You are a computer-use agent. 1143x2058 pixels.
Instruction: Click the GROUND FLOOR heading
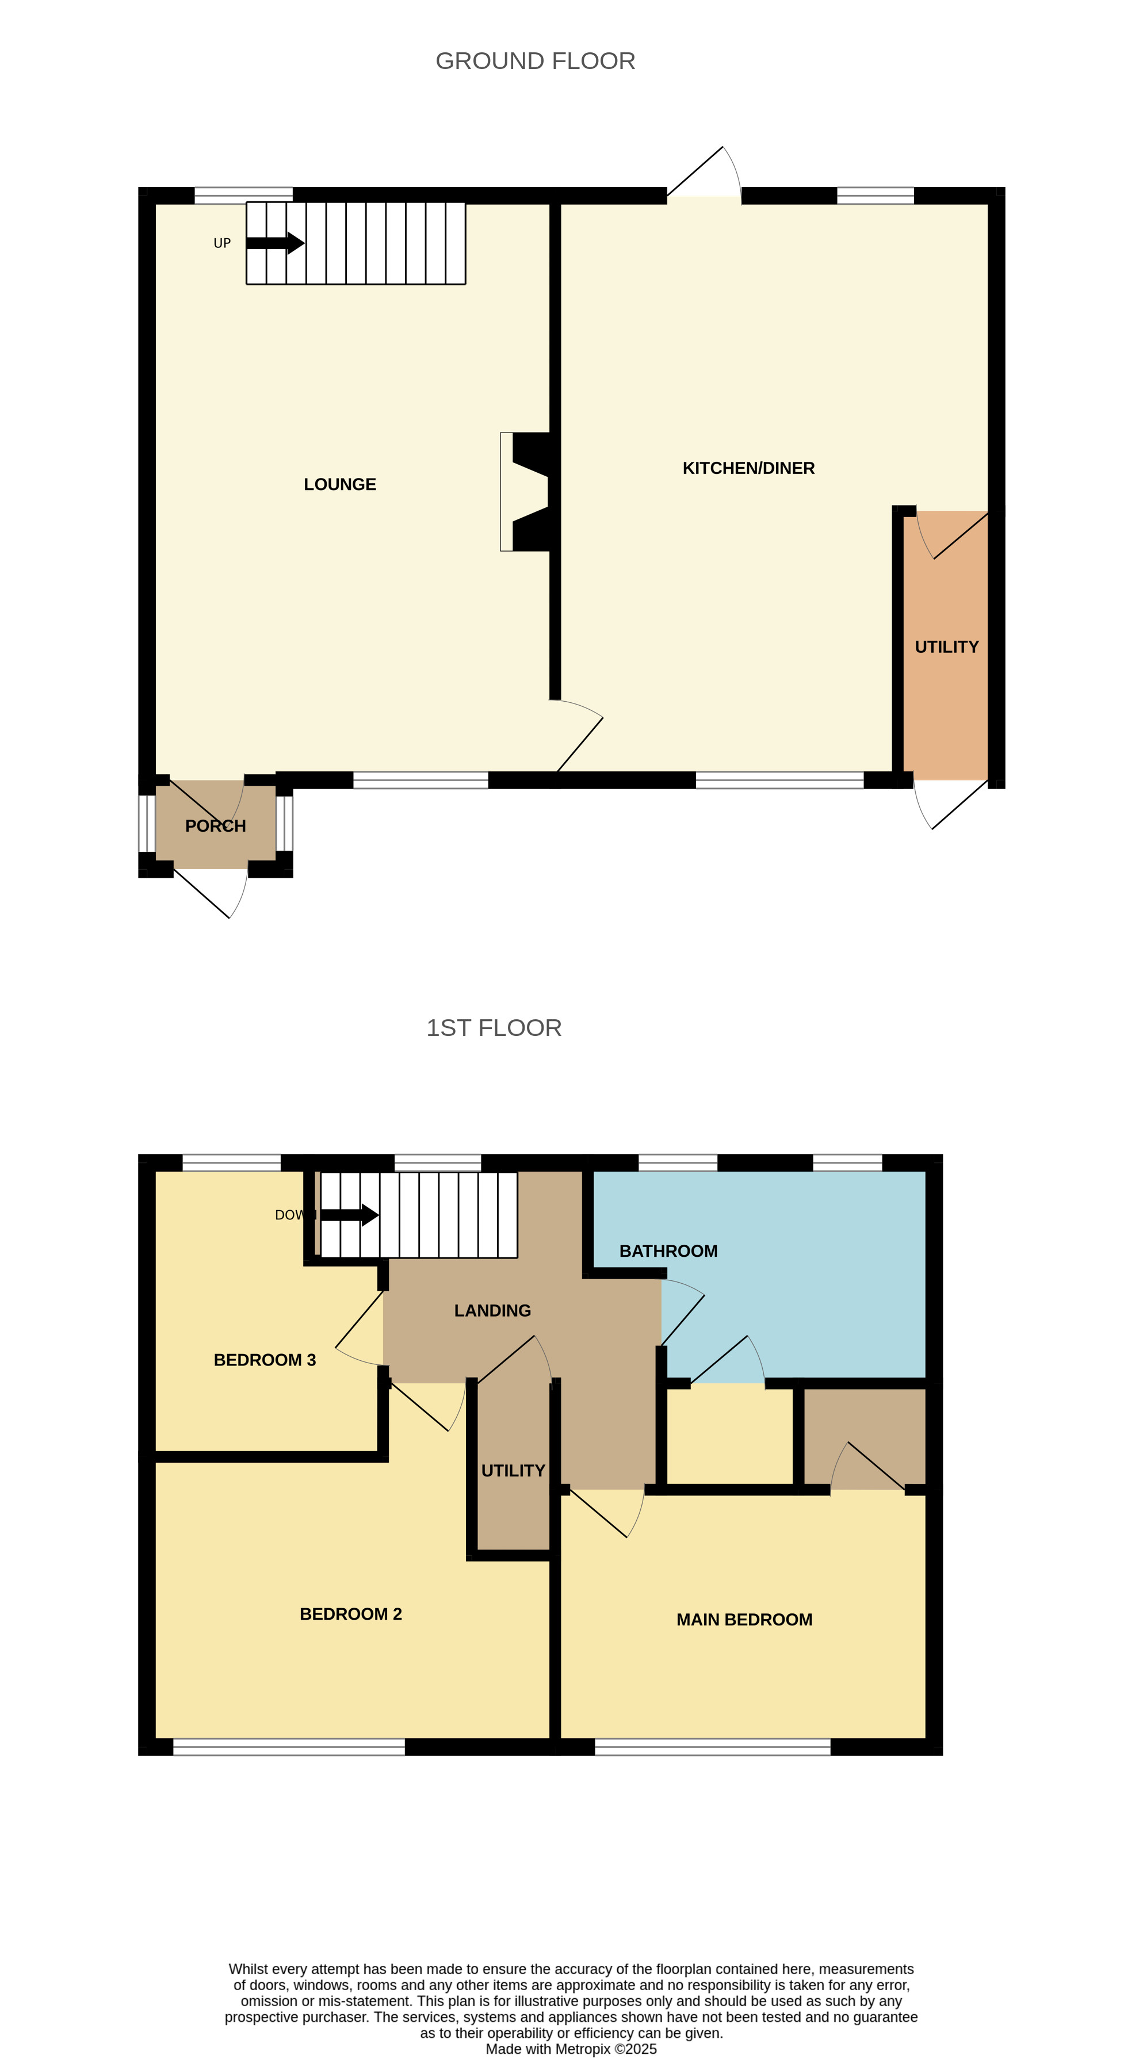click(x=535, y=61)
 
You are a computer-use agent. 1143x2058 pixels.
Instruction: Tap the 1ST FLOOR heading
click(x=494, y=1027)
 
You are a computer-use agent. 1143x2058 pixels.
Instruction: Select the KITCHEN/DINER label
click(x=748, y=468)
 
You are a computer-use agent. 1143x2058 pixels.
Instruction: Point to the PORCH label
click(x=216, y=826)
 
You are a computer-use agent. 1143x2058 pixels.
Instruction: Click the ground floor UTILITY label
click(x=946, y=647)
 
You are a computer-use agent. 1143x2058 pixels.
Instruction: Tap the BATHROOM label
click(x=668, y=1251)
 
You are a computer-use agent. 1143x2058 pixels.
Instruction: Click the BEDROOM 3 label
click(x=265, y=1360)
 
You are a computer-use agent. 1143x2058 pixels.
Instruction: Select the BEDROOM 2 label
click(x=351, y=1614)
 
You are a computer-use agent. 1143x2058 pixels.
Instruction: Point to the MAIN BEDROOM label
click(x=744, y=1619)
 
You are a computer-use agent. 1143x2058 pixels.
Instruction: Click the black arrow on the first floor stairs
click(x=350, y=1215)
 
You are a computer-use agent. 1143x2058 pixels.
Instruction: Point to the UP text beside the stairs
click(x=222, y=243)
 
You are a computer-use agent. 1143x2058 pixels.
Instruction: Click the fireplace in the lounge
click(x=525, y=491)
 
